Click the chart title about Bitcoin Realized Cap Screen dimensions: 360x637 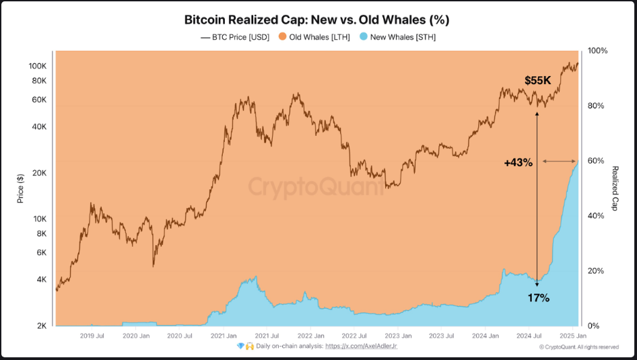pos(317,20)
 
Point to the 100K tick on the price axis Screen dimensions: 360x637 pos(36,66)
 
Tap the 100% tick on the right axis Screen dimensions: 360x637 pos(598,51)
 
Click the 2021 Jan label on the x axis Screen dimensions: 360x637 pos(222,335)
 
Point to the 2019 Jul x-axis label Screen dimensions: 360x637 pos(92,335)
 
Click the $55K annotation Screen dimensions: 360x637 pos(538,81)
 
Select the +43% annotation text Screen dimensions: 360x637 pos(518,162)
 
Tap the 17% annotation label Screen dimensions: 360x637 pos(538,297)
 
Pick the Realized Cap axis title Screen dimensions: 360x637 pos(615,189)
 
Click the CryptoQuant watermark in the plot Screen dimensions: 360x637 pos(316,186)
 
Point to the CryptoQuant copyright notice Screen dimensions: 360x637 pos(579,347)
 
